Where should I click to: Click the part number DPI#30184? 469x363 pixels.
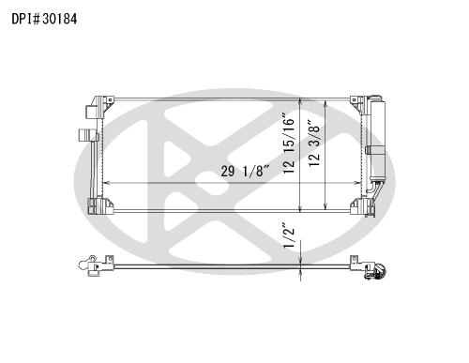44,19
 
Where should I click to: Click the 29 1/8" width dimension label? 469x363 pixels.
245,171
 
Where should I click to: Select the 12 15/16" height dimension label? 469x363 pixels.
289,144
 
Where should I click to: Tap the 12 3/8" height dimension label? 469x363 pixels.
314,143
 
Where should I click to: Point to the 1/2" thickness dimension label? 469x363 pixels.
289,235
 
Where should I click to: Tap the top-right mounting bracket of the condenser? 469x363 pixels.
358,104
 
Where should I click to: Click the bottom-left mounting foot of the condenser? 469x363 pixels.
100,206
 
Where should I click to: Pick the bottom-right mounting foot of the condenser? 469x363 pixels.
362,206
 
